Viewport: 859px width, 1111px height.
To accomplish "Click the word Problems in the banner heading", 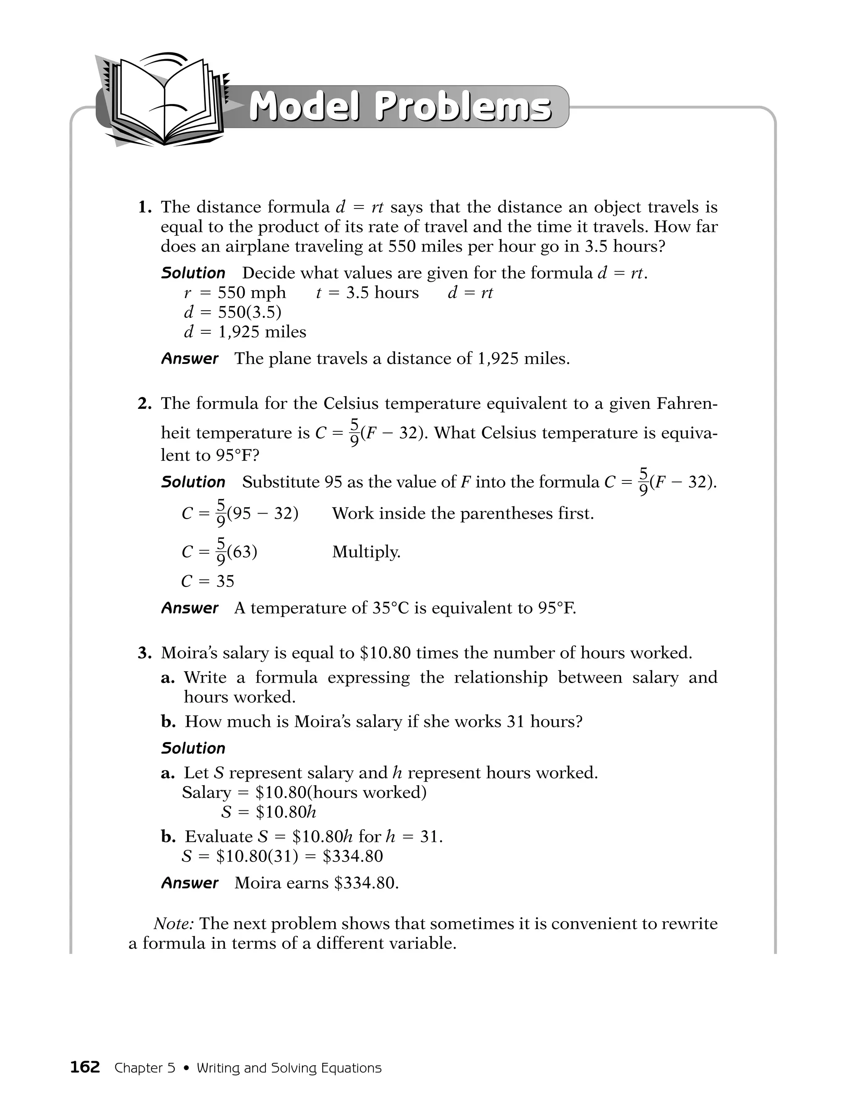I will (463, 107).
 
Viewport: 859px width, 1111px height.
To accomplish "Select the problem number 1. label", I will (146, 207).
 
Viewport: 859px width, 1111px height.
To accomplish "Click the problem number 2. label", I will (145, 403).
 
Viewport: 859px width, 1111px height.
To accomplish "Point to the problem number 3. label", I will (145, 653).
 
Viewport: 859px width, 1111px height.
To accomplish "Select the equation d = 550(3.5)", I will (232, 312).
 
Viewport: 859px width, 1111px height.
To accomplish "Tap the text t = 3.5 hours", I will (367, 293).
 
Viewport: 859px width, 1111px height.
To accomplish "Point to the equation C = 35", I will (208, 581).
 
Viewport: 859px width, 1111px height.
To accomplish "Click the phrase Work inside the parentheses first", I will (463, 513).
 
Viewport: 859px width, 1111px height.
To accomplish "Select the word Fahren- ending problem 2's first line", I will (687, 403).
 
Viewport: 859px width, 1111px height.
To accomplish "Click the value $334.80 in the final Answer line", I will (367, 883).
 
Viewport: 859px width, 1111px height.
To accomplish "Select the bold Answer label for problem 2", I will (190, 608).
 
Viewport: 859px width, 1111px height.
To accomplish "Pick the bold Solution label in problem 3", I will (193, 748).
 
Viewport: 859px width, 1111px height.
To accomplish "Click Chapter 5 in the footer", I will (145, 1068).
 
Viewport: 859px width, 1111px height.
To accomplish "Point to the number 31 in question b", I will (515, 722).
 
